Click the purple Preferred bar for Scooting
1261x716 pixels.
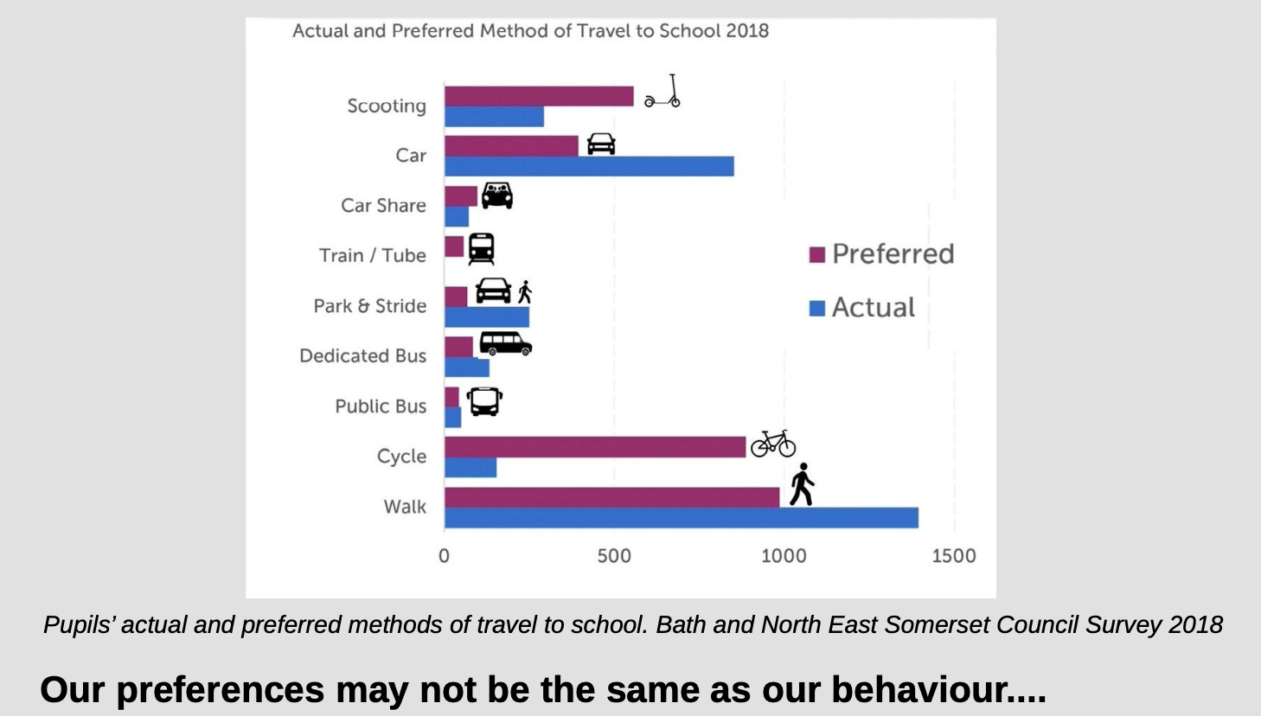(x=539, y=96)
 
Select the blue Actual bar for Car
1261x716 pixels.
(x=589, y=166)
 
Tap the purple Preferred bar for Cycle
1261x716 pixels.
(x=595, y=447)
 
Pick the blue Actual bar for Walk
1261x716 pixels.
(x=682, y=518)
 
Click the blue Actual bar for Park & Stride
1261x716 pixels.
(x=487, y=317)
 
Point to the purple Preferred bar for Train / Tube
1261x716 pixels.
(x=454, y=246)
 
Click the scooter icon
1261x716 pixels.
(x=663, y=92)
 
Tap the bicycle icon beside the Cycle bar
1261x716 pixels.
(x=773, y=444)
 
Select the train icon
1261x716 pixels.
(x=482, y=249)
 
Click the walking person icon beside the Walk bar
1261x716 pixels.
(x=803, y=484)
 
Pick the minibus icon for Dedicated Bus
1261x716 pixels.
(x=505, y=344)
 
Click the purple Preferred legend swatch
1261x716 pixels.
(x=817, y=254)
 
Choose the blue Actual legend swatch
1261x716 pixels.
(x=817, y=308)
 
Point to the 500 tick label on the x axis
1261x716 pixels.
(x=614, y=556)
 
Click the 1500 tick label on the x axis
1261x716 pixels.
(x=954, y=556)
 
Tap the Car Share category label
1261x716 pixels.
(x=383, y=206)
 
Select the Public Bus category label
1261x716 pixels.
(x=381, y=406)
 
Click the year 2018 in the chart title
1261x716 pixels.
(x=747, y=31)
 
